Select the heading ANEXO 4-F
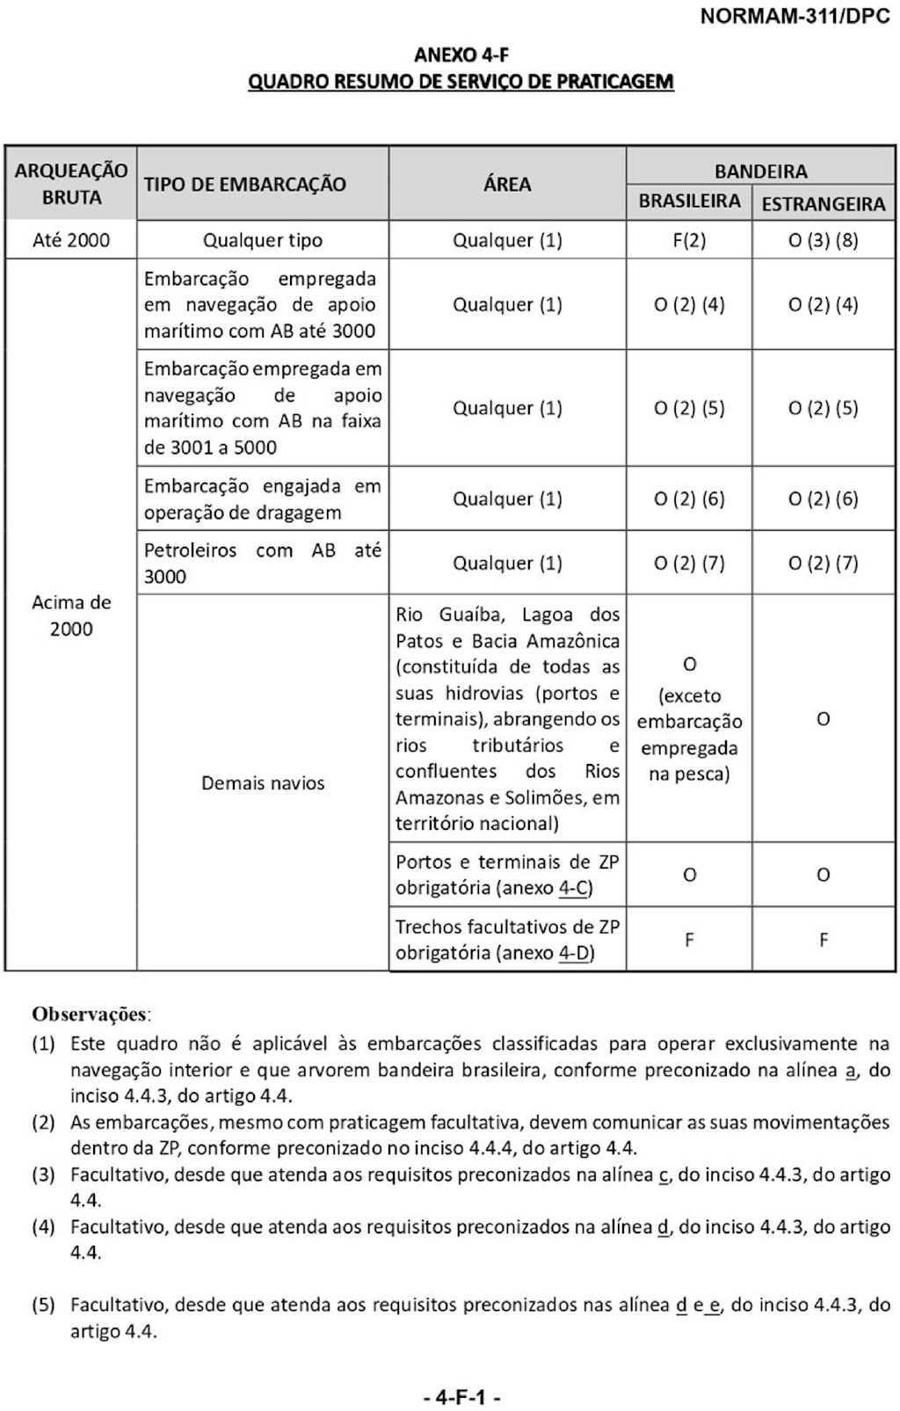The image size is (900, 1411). pos(461,55)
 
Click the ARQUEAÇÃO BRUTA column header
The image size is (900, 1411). pos(71,184)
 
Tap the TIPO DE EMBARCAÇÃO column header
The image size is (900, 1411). pos(245,185)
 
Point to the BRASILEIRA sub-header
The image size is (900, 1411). pos(689,201)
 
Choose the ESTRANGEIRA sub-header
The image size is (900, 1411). pos(823,204)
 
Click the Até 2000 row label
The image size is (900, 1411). pos(71,240)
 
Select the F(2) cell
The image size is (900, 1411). pos(689,240)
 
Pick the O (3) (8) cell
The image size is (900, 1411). pos(823,240)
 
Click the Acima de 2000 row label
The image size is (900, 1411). pos(71,615)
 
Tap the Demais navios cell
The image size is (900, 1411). pos(263,783)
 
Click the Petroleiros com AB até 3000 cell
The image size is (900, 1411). pos(263,564)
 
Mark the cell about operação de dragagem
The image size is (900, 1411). pos(263,499)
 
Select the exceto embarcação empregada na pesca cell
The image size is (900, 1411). pos(689,721)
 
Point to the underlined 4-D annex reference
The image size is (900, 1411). pos(576,953)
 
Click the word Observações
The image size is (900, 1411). pos(91,1014)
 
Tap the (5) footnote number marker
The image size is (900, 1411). pos(44,1305)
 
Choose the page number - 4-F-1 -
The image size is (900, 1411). pos(462,1397)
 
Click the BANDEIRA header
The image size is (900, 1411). pos(760,171)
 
